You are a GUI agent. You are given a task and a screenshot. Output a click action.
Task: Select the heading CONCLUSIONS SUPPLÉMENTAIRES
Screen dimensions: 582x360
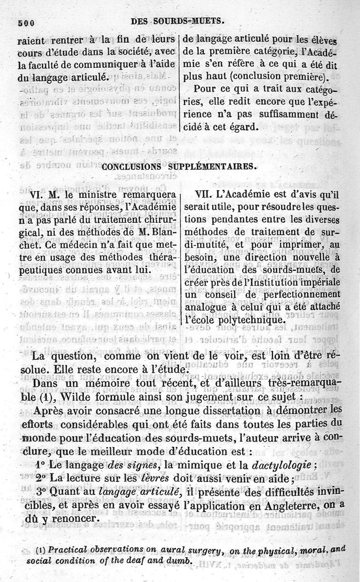coord(179,167)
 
